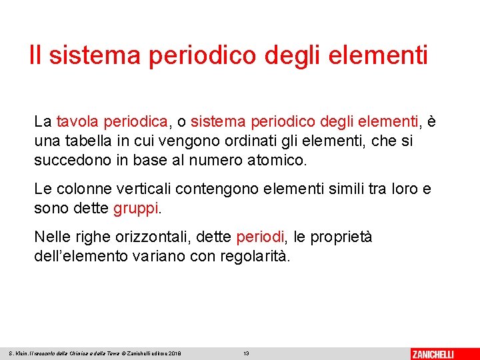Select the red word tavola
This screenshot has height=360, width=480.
coord(75,122)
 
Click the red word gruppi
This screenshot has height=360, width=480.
coord(137,209)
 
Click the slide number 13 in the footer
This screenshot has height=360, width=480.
coord(246,353)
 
